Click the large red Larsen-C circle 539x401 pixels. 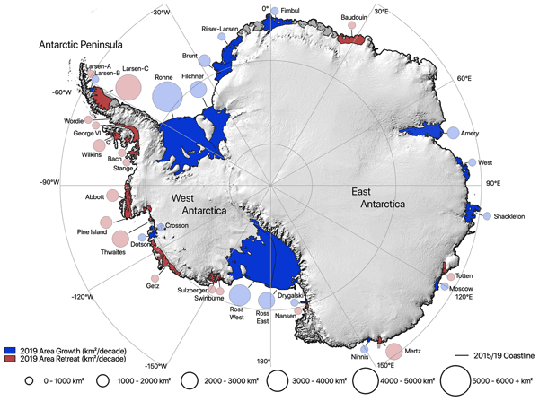click(x=129, y=87)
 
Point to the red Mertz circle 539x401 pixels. click(x=393, y=352)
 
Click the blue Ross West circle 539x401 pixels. click(x=240, y=294)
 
